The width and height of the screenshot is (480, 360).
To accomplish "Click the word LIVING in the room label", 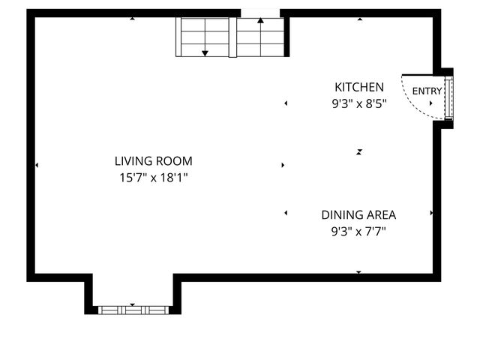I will pos(132,160).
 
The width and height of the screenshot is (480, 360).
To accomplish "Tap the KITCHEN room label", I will pos(359,87).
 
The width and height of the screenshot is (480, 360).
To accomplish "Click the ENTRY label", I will pos(427,91).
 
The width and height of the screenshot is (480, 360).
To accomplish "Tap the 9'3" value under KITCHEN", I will pos(344,105).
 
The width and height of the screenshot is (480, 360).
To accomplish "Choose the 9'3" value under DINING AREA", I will pos(344,232).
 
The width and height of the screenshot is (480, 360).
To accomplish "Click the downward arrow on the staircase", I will pos(205,52).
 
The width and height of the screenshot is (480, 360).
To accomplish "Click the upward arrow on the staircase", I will pos(261,21).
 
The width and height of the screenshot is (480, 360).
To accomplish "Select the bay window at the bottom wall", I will pos(133,309).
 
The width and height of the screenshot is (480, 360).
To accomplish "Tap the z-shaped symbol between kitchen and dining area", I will pos(360,151).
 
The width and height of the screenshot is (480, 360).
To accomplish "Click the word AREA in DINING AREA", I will pos(380,214).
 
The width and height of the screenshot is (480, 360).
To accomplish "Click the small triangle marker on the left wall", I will pos(37,165).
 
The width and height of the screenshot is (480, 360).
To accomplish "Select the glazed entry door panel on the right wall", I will pos(448,96).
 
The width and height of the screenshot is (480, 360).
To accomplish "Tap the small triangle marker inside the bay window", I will pos(133,304).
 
